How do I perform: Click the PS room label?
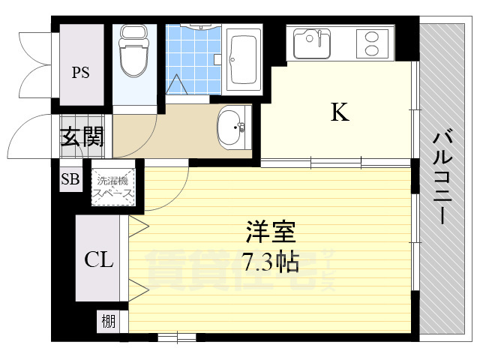81,73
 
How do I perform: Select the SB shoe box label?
70,179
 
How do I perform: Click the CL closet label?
98,260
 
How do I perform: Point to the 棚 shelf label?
109,322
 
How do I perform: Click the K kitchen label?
340,112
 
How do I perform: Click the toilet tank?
135,34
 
